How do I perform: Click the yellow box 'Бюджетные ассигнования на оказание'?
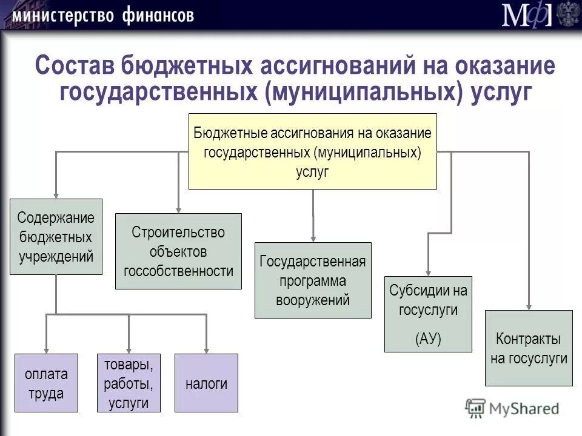pyautogui.click(x=312, y=151)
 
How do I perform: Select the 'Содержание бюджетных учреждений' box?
pyautogui.click(x=56, y=237)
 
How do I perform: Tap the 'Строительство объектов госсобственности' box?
pyautogui.click(x=178, y=251)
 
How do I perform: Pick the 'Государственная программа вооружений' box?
pyautogui.click(x=313, y=280)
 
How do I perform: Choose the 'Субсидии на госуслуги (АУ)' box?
pyautogui.click(x=428, y=314)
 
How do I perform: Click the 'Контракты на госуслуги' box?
pyautogui.click(x=529, y=348)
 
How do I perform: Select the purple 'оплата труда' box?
pyautogui.click(x=46, y=383)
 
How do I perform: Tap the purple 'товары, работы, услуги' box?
pyautogui.click(x=129, y=383)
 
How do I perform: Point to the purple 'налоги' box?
pyautogui.click(x=206, y=383)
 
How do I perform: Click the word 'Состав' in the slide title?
pyautogui.click(x=76, y=65)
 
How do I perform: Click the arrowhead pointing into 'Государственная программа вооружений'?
pyautogui.click(x=313, y=237)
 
